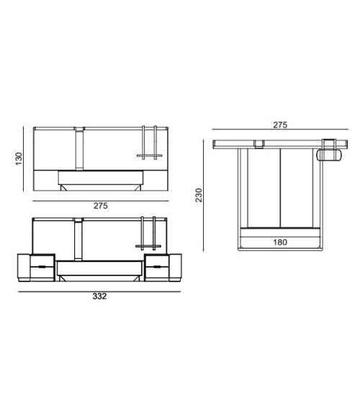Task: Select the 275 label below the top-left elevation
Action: tap(101, 206)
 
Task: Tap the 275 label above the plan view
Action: tap(280, 124)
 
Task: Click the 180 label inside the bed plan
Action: tap(280, 242)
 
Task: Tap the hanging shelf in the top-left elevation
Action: tap(151, 144)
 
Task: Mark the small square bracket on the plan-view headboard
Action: tap(258, 143)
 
